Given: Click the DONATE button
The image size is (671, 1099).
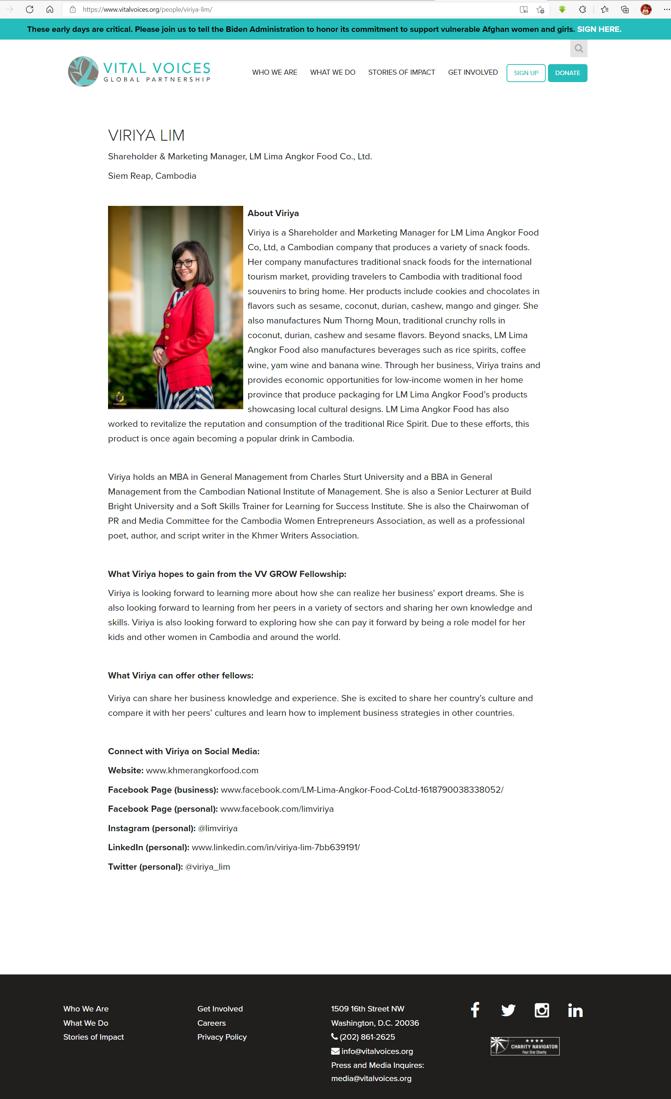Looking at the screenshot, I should [567, 73].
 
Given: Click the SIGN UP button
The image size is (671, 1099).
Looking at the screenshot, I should [526, 73].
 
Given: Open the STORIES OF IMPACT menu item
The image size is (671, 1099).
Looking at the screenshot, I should [401, 72].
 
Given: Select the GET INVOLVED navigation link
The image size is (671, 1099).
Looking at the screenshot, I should [472, 72].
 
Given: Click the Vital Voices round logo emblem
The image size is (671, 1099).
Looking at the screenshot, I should [83, 71].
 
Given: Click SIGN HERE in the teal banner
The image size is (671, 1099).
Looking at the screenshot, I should [599, 29].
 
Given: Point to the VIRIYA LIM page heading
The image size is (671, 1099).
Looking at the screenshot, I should [146, 136].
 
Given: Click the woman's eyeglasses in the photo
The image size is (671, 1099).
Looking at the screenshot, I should [185, 263].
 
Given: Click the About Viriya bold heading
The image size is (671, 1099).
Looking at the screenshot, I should [273, 213].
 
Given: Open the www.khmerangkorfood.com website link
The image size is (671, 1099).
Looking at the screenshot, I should [202, 770].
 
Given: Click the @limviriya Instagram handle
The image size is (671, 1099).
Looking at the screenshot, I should [218, 828].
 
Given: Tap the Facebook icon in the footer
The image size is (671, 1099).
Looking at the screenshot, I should [475, 1010].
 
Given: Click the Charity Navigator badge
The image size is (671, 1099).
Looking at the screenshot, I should [525, 1046].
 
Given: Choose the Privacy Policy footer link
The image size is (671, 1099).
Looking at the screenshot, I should [222, 1037].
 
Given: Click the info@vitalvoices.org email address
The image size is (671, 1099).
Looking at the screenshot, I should [377, 1051].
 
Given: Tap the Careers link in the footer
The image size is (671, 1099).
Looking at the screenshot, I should [211, 1023].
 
